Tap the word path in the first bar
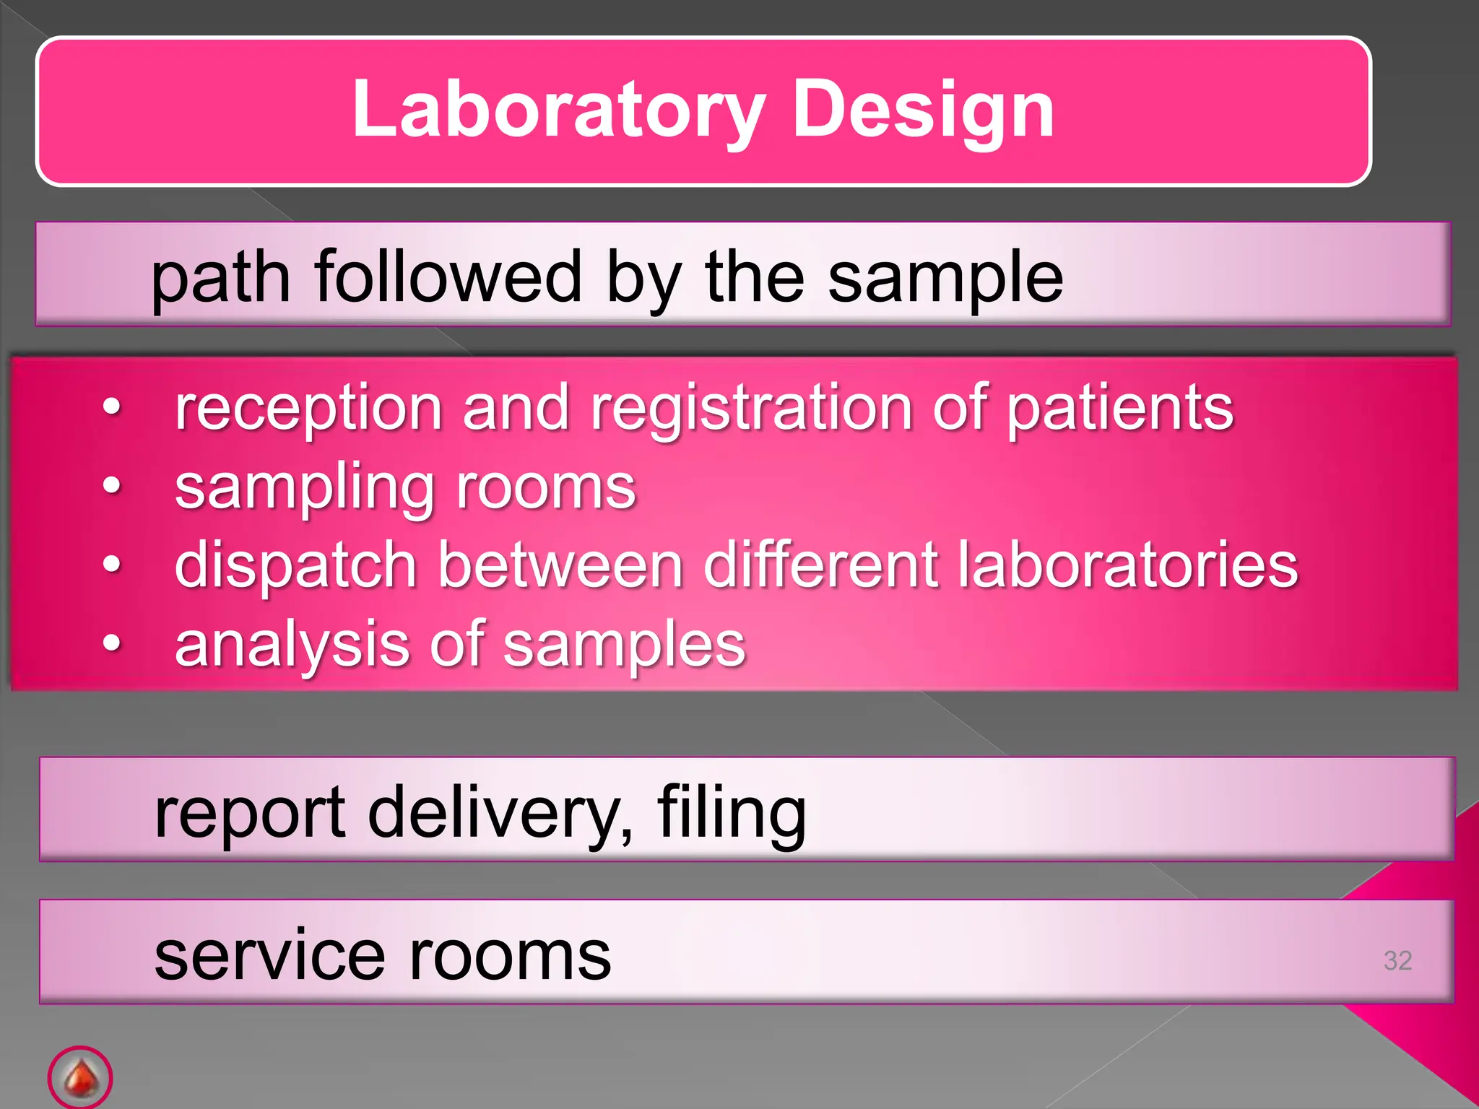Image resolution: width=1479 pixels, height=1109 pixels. click(x=220, y=278)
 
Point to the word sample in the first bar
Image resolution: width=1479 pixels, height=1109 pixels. click(x=945, y=278)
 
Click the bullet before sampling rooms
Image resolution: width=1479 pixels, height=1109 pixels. click(x=111, y=485)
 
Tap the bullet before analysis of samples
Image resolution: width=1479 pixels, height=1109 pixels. click(x=111, y=642)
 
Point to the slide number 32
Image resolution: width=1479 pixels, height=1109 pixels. click(x=1397, y=960)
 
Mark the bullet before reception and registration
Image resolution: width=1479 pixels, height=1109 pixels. click(x=111, y=407)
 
